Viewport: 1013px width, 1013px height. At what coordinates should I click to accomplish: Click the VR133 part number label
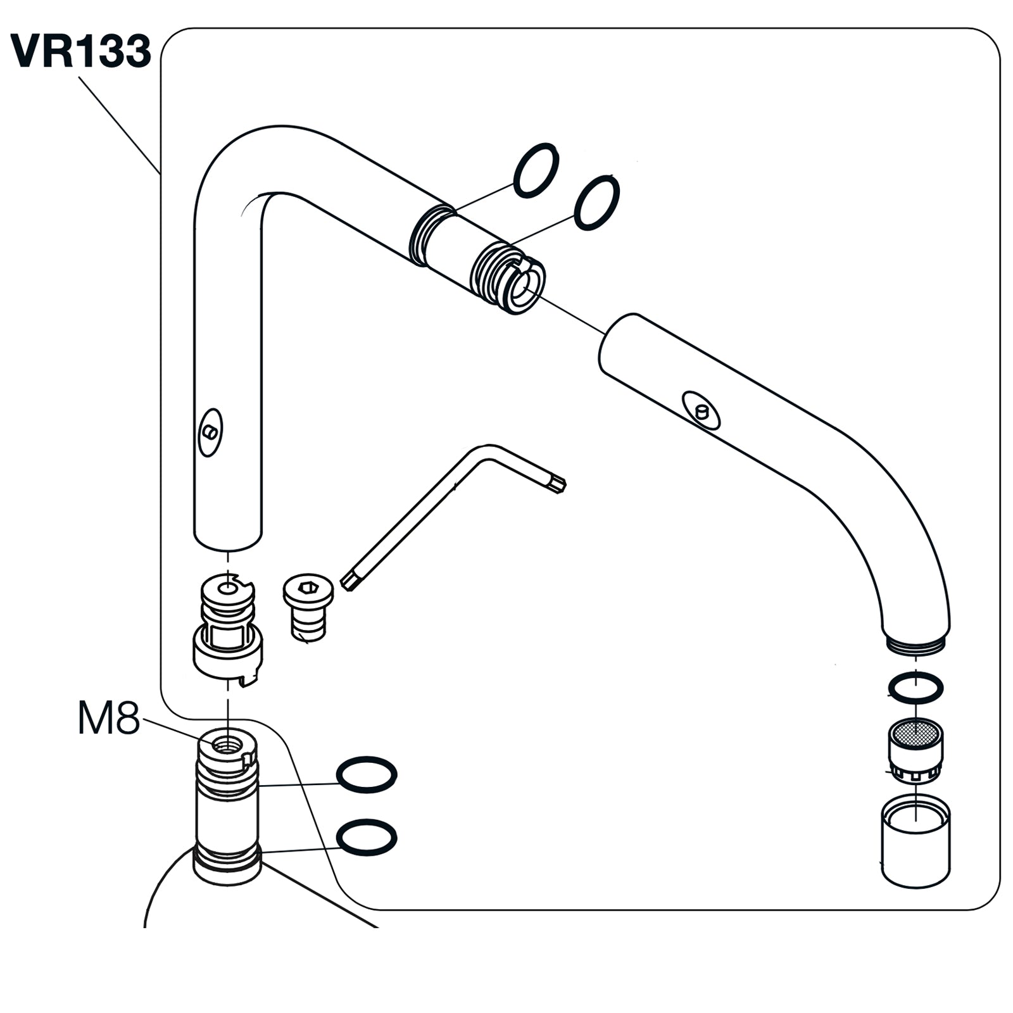81,51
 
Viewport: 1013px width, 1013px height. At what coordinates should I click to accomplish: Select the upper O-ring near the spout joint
536,170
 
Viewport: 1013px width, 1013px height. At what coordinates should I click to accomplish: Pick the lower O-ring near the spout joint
596,203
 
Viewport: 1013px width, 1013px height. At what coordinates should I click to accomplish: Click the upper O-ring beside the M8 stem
366,774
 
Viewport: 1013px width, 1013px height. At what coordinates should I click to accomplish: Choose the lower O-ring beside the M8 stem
366,838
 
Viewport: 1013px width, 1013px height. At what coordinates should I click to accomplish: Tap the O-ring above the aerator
915,688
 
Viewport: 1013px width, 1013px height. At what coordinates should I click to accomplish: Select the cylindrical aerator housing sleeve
915,842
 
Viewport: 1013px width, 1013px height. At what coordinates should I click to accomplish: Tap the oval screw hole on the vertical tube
210,432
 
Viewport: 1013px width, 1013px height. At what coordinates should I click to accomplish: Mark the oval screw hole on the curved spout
701,410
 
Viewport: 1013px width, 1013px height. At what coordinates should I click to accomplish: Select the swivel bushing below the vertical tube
227,633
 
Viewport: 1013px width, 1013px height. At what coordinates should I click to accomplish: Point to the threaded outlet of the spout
915,646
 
